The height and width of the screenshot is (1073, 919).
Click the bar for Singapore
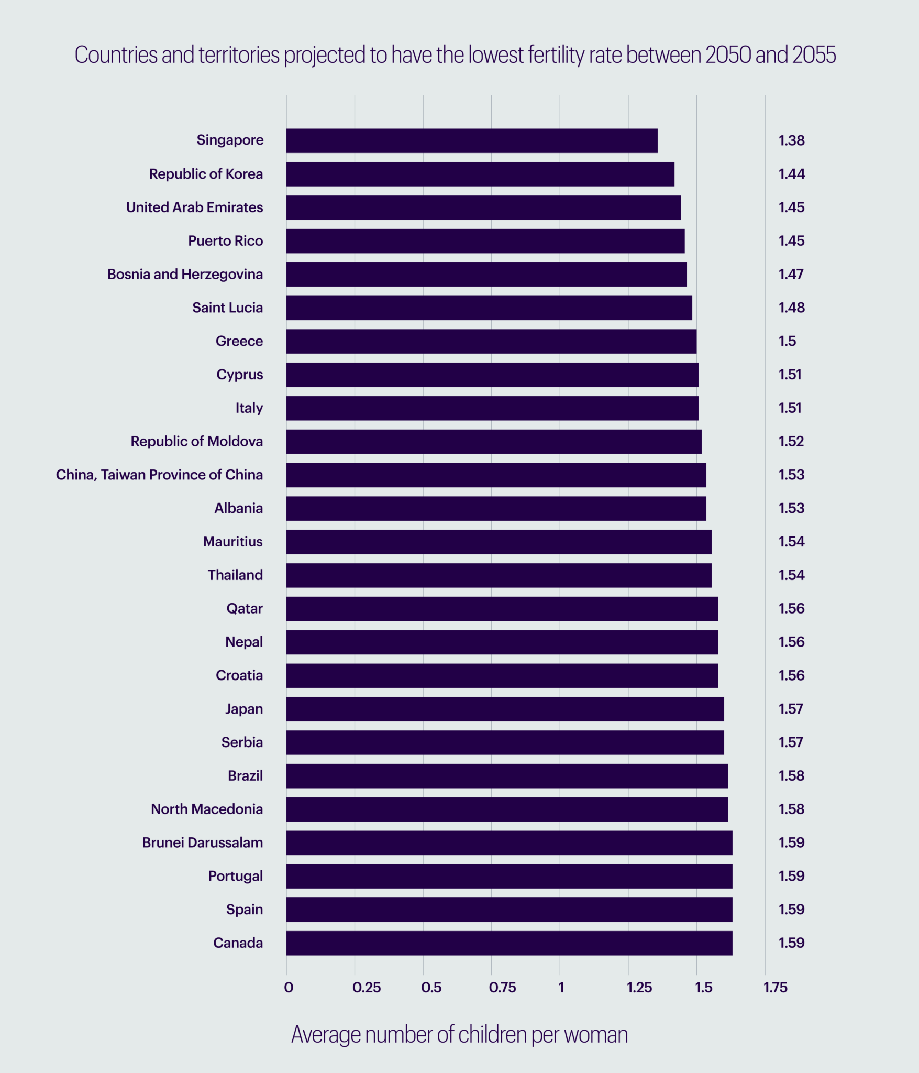[x=471, y=140]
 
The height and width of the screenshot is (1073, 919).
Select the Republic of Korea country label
[x=206, y=174]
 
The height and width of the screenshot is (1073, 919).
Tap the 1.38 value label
[x=791, y=140]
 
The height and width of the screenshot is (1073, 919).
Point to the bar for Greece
[x=491, y=341]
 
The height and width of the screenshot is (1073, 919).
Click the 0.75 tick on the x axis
[x=502, y=988]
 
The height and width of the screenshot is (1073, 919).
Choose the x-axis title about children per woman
[x=459, y=1035]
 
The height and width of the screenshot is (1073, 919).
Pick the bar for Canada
[x=509, y=943]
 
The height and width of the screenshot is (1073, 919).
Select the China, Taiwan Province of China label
[x=159, y=475]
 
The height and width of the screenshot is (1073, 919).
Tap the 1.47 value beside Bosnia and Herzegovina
[x=791, y=274]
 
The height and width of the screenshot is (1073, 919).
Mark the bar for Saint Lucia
[x=489, y=308]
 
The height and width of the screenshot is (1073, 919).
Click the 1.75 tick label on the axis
[x=775, y=988]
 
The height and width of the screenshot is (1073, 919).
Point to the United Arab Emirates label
[x=194, y=207]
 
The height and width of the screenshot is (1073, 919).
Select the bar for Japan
[x=505, y=709]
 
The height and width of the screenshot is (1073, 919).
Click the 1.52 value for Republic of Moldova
[x=791, y=441]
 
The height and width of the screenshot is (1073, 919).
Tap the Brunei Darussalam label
[x=202, y=842]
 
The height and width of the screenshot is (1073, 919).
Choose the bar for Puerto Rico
[x=485, y=241]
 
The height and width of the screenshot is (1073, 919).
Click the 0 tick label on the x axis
[x=289, y=988]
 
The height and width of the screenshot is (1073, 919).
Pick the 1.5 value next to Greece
[x=787, y=341]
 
